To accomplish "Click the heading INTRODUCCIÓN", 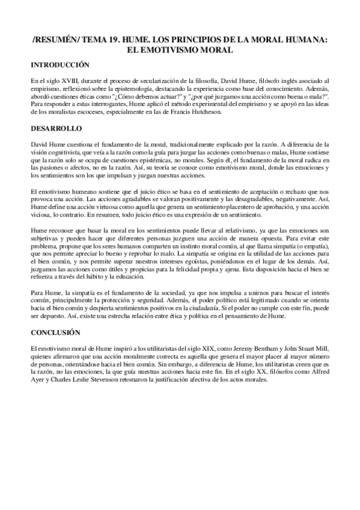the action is tap(60, 64).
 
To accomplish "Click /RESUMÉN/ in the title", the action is tap(52, 37).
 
